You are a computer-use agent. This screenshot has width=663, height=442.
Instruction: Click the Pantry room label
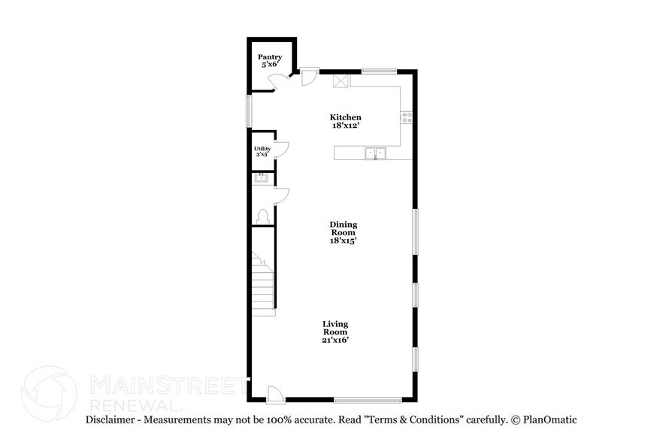270,57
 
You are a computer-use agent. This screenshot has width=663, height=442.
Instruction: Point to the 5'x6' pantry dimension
270,65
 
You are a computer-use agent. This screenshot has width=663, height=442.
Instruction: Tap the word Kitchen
346,117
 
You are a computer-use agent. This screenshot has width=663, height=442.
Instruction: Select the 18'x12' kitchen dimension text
346,126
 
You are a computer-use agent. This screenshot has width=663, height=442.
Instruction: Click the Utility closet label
262,149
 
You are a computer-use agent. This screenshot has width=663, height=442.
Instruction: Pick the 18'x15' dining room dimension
343,241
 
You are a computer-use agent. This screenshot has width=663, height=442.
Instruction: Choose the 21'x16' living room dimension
335,340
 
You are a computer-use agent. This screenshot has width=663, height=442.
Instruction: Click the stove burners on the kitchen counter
406,117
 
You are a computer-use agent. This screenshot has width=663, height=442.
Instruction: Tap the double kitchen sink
375,153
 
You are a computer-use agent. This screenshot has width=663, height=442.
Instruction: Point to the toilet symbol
262,216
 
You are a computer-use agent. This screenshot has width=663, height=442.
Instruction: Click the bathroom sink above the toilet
262,178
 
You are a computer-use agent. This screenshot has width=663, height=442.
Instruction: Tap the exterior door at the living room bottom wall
276,393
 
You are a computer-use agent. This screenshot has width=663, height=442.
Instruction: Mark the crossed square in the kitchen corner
341,80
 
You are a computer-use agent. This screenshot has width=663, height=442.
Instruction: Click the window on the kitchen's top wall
379,71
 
